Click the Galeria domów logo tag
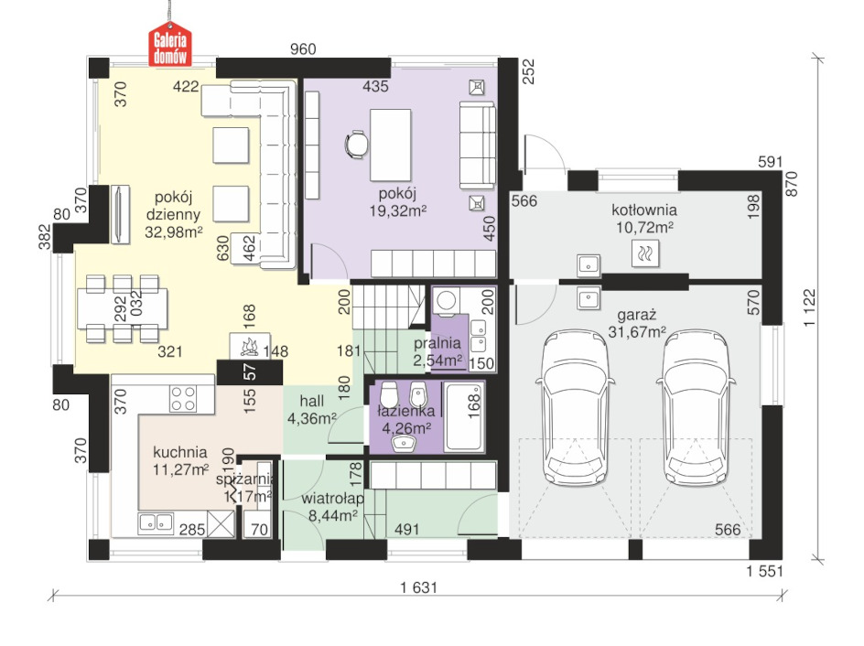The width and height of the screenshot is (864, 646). (170, 44)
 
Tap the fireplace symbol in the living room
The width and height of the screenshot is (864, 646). (250, 347)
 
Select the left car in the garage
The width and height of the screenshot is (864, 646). (576, 407)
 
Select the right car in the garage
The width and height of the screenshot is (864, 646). (696, 407)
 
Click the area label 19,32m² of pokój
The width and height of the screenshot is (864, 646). (398, 211)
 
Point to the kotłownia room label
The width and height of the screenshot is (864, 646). (644, 210)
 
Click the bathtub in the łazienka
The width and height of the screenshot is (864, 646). (465, 417)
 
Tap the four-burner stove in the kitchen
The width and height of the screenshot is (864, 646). (183, 398)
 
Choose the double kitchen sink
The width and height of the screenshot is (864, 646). (156, 522)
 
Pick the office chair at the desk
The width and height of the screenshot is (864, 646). (356, 145)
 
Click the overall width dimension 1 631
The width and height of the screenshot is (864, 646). (419, 587)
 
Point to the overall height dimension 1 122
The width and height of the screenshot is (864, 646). (808, 307)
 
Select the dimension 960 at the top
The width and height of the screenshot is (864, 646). (303, 49)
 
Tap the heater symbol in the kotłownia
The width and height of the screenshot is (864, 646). (644, 253)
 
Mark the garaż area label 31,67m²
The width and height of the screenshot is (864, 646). (637, 332)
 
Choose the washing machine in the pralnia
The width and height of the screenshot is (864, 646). (445, 301)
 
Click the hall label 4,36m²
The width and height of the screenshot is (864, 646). (312, 418)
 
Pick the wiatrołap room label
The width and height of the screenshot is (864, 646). (333, 499)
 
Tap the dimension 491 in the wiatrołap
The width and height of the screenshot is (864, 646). (406, 529)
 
